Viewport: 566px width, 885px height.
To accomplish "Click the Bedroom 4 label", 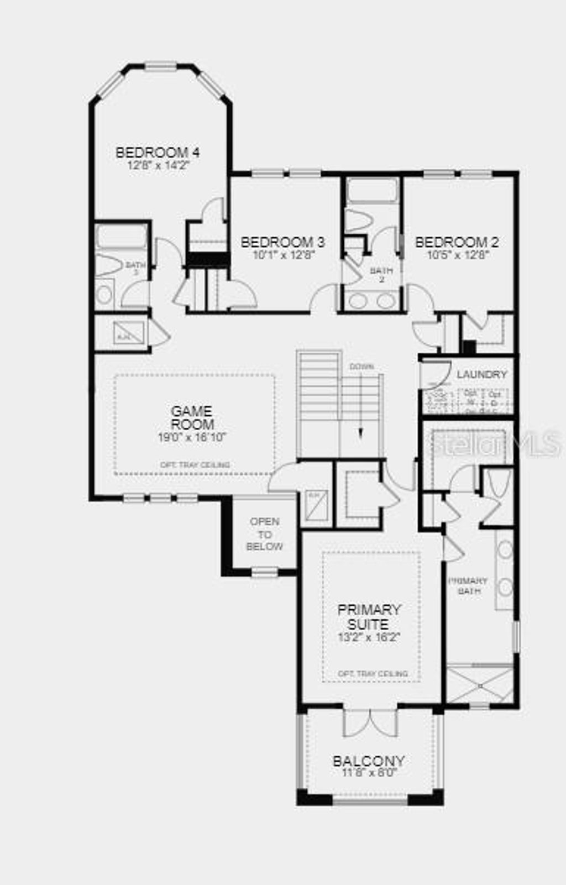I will click(158, 153).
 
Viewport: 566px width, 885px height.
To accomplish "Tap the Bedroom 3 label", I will click(282, 242).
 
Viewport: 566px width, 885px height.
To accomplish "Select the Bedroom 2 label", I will click(457, 242).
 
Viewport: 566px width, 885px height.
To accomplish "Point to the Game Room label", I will click(192, 418).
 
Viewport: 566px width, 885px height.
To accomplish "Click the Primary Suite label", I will click(369, 617).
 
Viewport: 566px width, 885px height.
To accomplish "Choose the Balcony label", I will click(369, 761).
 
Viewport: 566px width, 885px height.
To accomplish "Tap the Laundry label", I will click(481, 375).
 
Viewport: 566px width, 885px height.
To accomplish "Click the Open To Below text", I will click(265, 534).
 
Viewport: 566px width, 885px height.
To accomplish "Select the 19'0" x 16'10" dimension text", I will click(192, 437).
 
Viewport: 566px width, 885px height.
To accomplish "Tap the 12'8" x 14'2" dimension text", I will click(158, 165).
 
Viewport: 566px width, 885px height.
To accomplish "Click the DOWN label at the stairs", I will click(361, 366).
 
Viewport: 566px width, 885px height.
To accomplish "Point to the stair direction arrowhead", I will click(361, 434).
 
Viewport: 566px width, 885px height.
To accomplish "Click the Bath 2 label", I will click(381, 275).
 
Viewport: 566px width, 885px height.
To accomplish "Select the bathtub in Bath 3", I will click(122, 236).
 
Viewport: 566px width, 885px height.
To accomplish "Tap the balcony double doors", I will click(370, 722).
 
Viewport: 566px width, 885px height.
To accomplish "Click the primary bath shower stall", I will click(480, 685).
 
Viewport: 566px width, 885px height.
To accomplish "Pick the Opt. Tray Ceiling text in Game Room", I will click(195, 465).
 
